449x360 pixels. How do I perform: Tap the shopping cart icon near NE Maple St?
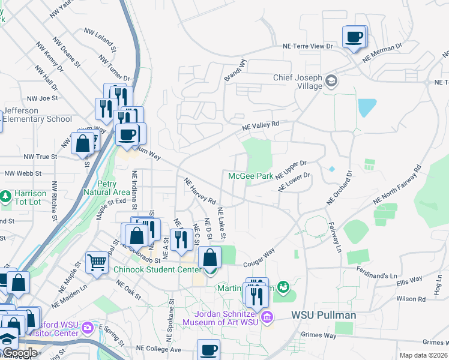point(97,262)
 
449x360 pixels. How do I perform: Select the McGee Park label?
point(250,176)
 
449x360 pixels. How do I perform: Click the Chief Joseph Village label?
point(298,82)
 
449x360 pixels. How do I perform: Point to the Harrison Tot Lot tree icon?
point(5,196)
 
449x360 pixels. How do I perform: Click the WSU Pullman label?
point(324,315)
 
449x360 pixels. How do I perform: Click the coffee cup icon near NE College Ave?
point(209,349)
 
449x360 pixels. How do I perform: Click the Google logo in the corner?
point(19,353)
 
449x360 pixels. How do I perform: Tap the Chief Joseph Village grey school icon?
point(331,81)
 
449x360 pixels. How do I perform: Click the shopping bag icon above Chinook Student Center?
point(209,257)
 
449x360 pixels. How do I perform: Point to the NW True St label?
point(40,157)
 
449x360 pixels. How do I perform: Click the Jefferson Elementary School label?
point(37,115)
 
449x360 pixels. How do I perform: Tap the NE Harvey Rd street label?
point(200,190)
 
